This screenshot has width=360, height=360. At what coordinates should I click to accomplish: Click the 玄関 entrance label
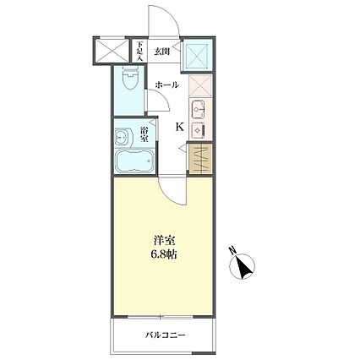pyautogui.click(x=161, y=51)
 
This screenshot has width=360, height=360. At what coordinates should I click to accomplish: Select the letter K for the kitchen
pyautogui.click(x=179, y=127)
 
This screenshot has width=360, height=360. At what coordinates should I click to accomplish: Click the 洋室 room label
pyautogui.click(x=166, y=240)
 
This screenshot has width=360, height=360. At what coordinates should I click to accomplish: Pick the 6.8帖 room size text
pyautogui.click(x=166, y=254)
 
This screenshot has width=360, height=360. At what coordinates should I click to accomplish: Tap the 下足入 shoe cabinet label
pyautogui.click(x=139, y=52)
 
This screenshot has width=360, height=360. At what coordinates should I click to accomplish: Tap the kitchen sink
pyautogui.click(x=198, y=110)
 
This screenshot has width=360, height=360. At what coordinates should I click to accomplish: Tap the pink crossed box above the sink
pyautogui.click(x=198, y=87)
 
